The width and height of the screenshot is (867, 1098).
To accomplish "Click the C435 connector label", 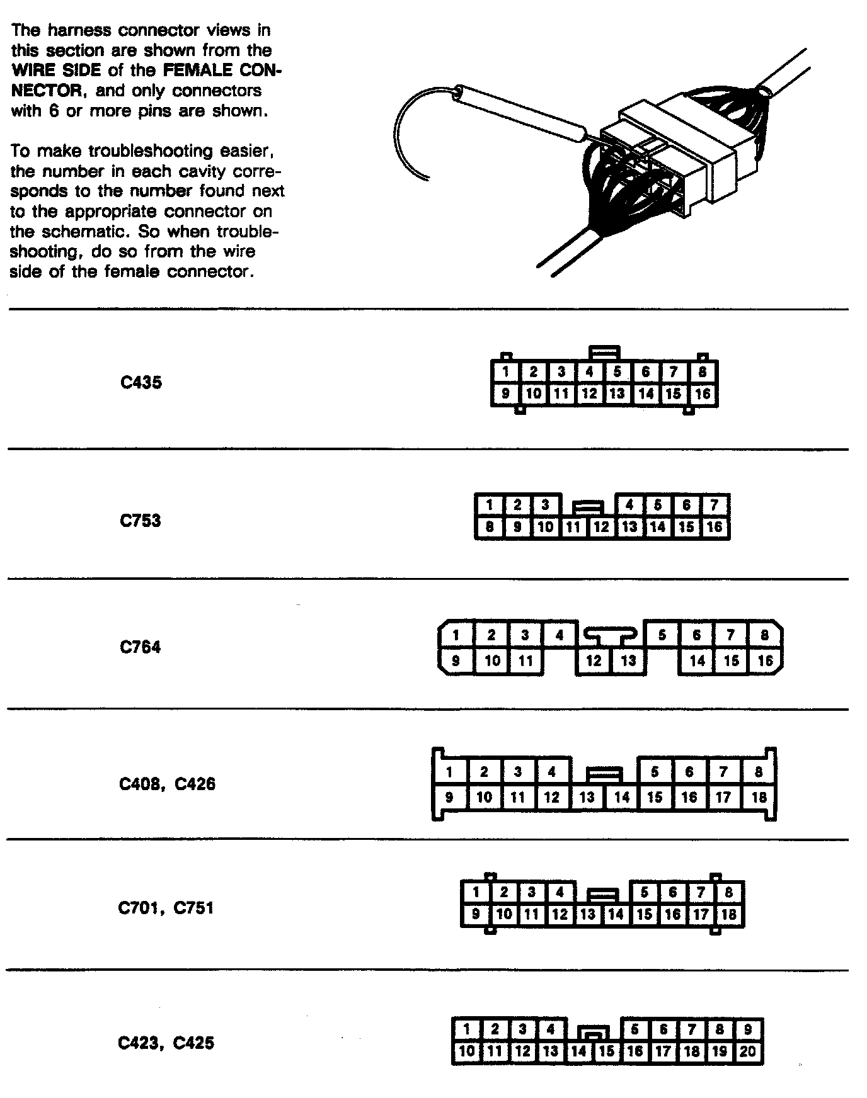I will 141,382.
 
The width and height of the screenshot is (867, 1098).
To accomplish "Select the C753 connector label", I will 140,521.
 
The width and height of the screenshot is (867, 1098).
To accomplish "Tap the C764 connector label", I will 140,647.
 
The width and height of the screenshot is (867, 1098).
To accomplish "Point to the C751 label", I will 193,908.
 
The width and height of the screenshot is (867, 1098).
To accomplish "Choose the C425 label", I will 193,1043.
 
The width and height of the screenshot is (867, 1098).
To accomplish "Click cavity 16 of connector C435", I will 703,394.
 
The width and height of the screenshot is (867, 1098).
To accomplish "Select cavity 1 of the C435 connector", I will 505,371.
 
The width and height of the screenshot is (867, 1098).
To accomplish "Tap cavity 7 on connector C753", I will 714,504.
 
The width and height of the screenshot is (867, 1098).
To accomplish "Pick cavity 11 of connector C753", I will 573,527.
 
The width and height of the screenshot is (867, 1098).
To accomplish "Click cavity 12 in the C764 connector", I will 594,660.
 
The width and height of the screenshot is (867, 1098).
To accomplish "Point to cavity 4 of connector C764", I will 559,635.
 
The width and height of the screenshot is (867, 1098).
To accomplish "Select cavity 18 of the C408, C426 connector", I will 759,797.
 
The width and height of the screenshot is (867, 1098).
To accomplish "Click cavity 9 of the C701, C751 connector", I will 476,914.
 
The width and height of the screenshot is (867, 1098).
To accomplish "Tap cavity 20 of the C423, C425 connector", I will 748,1051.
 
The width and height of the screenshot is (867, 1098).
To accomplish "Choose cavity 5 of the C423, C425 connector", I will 634,1029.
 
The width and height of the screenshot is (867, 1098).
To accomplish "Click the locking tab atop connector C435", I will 604,353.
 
